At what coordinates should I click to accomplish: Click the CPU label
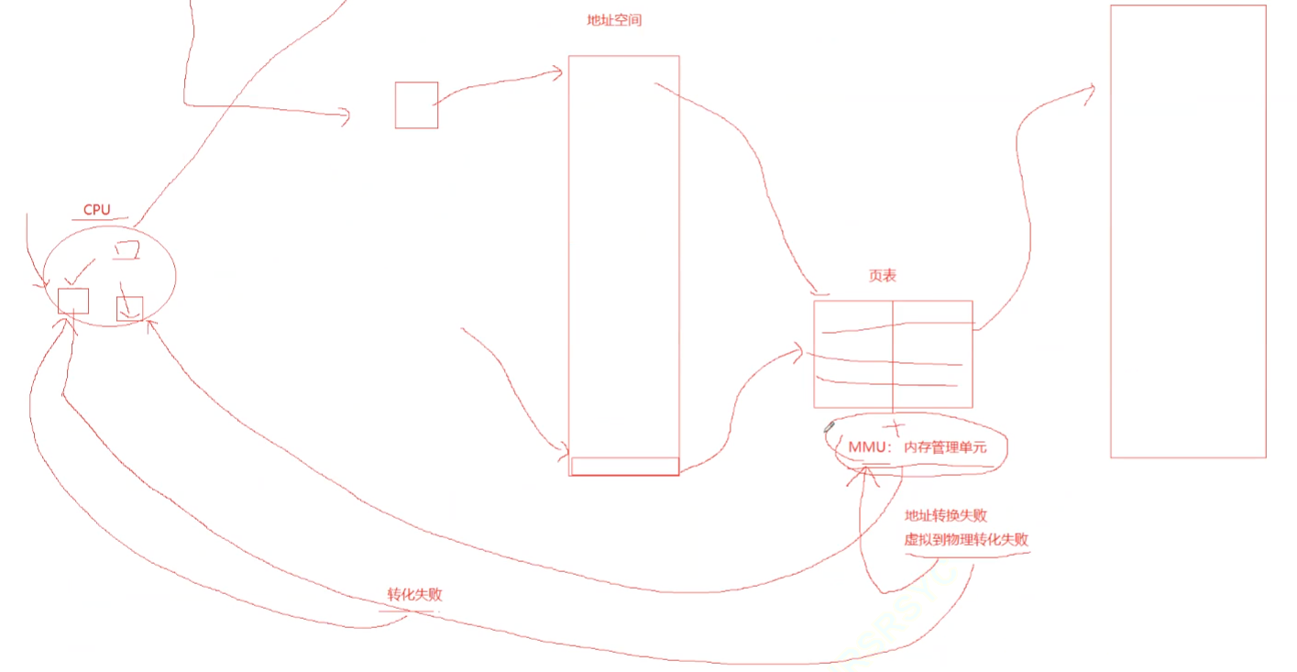pyautogui.click(x=96, y=210)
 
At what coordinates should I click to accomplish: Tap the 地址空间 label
pyautogui.click(x=614, y=20)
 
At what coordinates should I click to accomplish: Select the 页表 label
pyautogui.click(x=882, y=276)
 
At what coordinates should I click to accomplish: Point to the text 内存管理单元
pyautogui.click(x=945, y=447)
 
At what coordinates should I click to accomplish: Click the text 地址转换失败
pyautogui.click(x=945, y=516)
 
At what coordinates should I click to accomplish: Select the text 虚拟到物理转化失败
pyautogui.click(x=966, y=540)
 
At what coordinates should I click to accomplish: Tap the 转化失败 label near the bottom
pyautogui.click(x=414, y=595)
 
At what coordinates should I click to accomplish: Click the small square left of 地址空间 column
pyautogui.click(x=416, y=105)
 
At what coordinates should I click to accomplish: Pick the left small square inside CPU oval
pyautogui.click(x=73, y=301)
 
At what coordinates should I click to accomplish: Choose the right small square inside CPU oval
pyautogui.click(x=129, y=308)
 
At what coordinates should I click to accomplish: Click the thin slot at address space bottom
pyautogui.click(x=625, y=466)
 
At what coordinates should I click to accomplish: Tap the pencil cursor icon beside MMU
pyautogui.click(x=830, y=425)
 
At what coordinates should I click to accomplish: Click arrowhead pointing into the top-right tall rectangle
pyautogui.click(x=1091, y=90)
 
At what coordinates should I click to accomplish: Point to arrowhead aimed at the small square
pyautogui.click(x=346, y=116)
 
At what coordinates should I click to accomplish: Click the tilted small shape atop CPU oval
pyautogui.click(x=126, y=249)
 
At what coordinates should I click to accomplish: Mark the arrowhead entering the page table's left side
pyautogui.click(x=799, y=350)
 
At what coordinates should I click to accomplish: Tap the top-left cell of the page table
pyautogui.click(x=853, y=313)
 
